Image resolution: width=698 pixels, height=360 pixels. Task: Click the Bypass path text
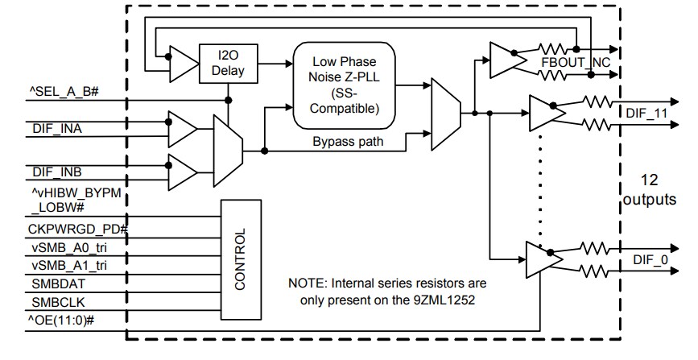click(x=347, y=142)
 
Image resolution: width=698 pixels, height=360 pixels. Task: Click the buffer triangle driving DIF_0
click(x=542, y=259)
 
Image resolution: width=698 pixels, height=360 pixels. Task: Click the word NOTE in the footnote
click(x=306, y=283)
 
